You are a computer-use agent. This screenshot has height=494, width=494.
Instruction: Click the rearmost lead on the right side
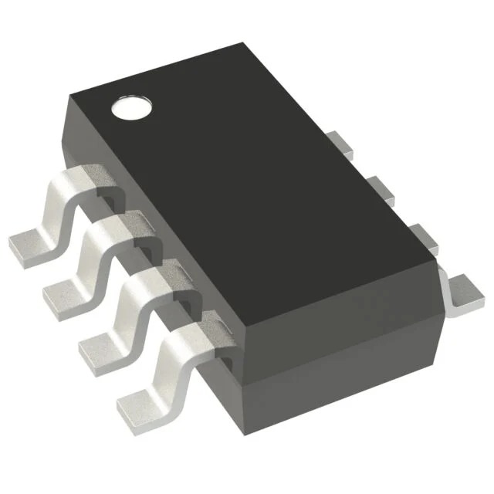(x=337, y=142)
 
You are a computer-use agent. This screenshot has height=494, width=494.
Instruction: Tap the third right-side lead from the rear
(x=421, y=235)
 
